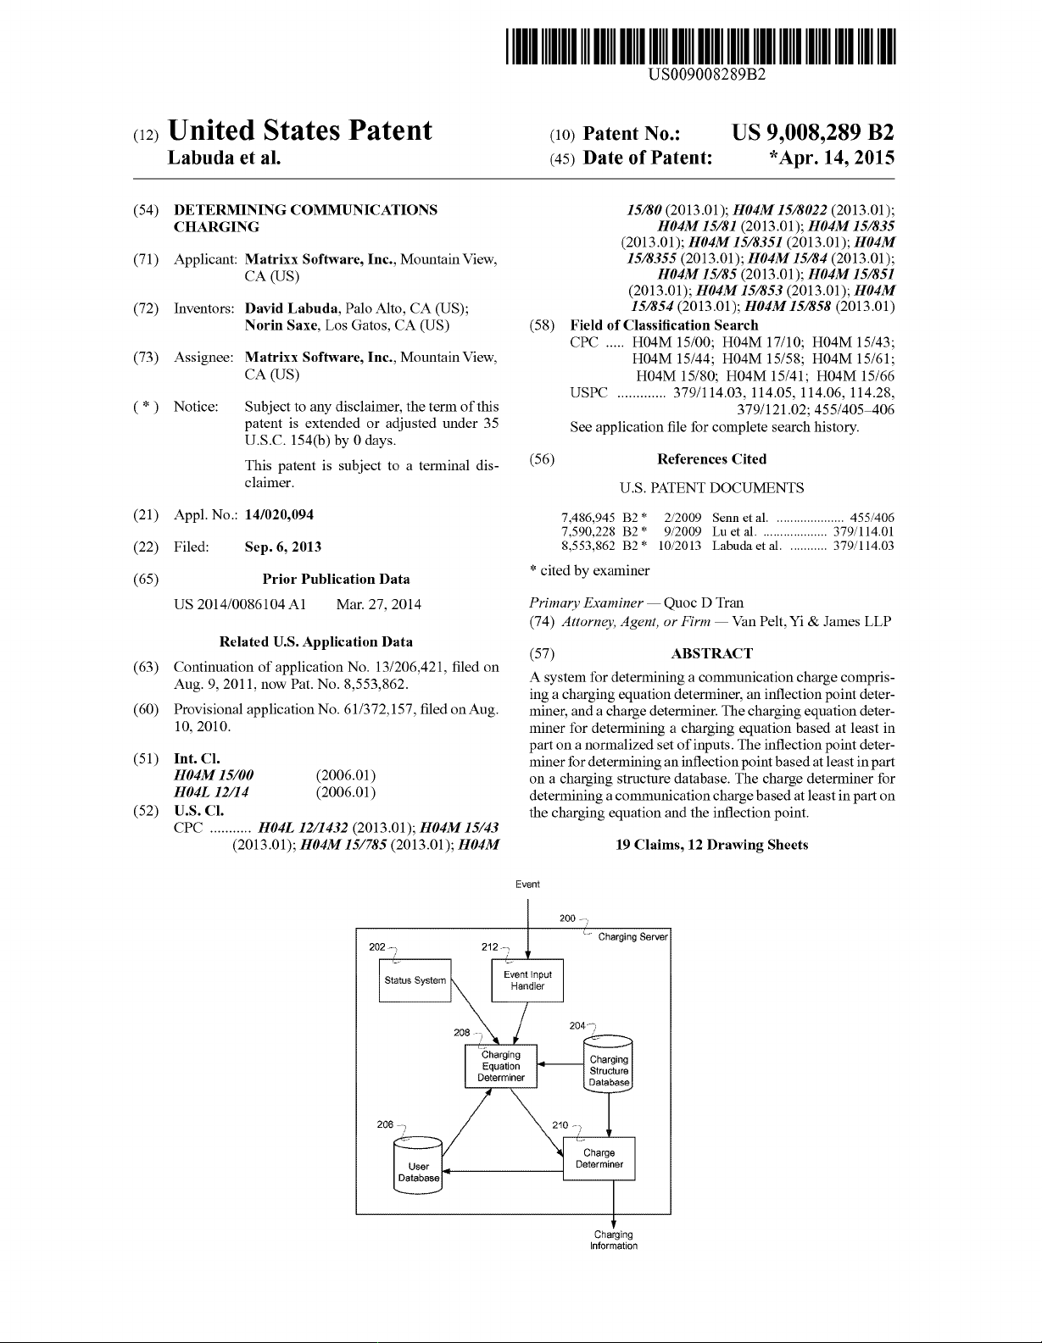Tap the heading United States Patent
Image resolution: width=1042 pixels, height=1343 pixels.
(x=300, y=131)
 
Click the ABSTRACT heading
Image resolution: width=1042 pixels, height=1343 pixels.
(x=711, y=653)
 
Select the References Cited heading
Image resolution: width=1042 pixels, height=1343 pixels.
(x=711, y=459)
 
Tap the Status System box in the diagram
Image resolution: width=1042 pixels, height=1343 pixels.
(x=415, y=980)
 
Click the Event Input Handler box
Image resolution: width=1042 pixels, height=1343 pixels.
(x=527, y=980)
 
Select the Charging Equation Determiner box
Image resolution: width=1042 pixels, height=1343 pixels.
(x=501, y=1066)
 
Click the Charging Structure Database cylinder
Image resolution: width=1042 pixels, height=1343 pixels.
(x=609, y=1069)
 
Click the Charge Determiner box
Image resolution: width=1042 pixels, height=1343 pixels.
(x=599, y=1158)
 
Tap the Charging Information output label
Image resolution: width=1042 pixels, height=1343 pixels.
(x=613, y=1240)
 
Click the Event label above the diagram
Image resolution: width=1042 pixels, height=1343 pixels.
(x=527, y=885)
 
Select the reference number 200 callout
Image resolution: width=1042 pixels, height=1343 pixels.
(x=568, y=918)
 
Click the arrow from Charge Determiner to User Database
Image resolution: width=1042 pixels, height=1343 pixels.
(x=504, y=1172)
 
